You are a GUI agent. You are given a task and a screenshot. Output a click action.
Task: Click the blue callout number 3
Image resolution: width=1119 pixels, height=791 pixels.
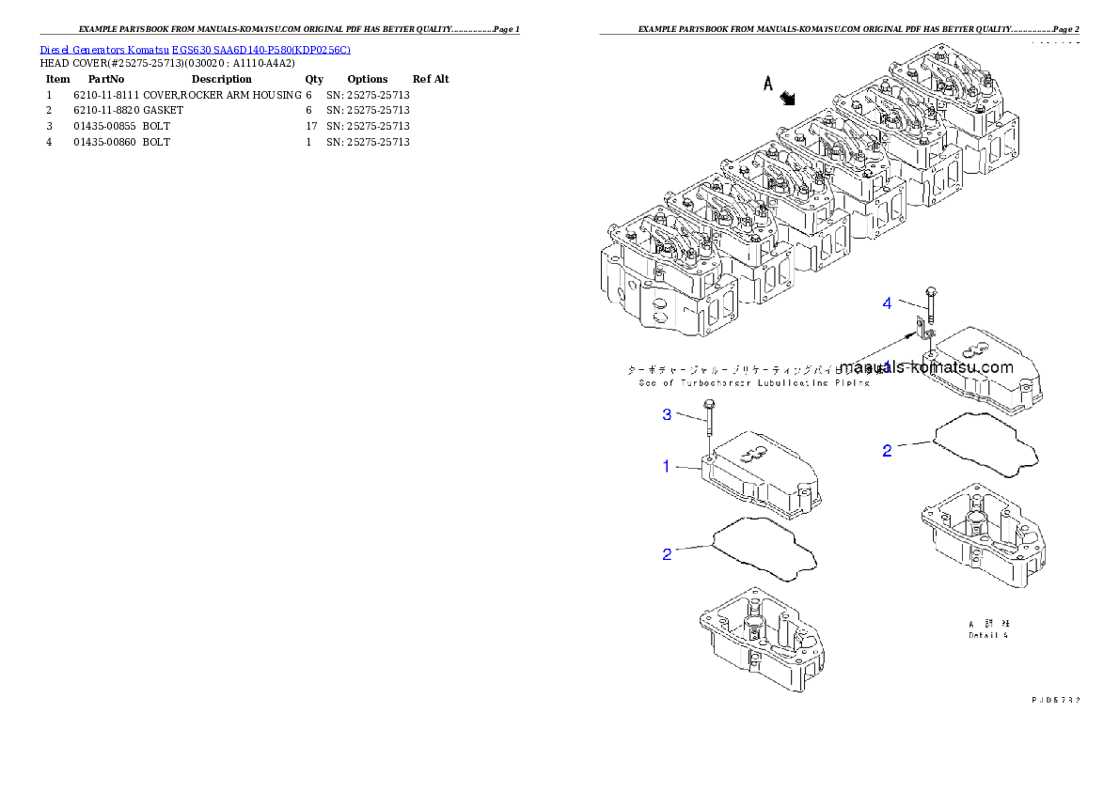[666, 414]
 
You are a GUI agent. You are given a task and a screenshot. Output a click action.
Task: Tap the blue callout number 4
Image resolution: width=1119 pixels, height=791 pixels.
[887, 302]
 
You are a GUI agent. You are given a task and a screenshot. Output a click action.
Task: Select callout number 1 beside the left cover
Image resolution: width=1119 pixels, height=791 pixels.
[667, 466]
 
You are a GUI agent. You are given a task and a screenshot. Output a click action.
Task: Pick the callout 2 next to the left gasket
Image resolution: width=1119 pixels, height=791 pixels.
[667, 554]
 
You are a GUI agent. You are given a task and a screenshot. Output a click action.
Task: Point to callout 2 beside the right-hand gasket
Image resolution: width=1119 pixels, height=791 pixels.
[887, 451]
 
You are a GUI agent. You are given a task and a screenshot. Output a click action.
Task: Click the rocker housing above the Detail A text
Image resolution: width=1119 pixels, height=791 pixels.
[983, 535]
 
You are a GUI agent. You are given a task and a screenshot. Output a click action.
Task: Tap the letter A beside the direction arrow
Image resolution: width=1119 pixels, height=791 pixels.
[767, 85]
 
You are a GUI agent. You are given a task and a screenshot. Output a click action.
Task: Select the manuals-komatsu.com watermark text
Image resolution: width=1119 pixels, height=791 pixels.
[926, 368]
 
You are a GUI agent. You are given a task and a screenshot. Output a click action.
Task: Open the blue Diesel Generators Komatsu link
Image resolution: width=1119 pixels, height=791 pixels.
[195, 50]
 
